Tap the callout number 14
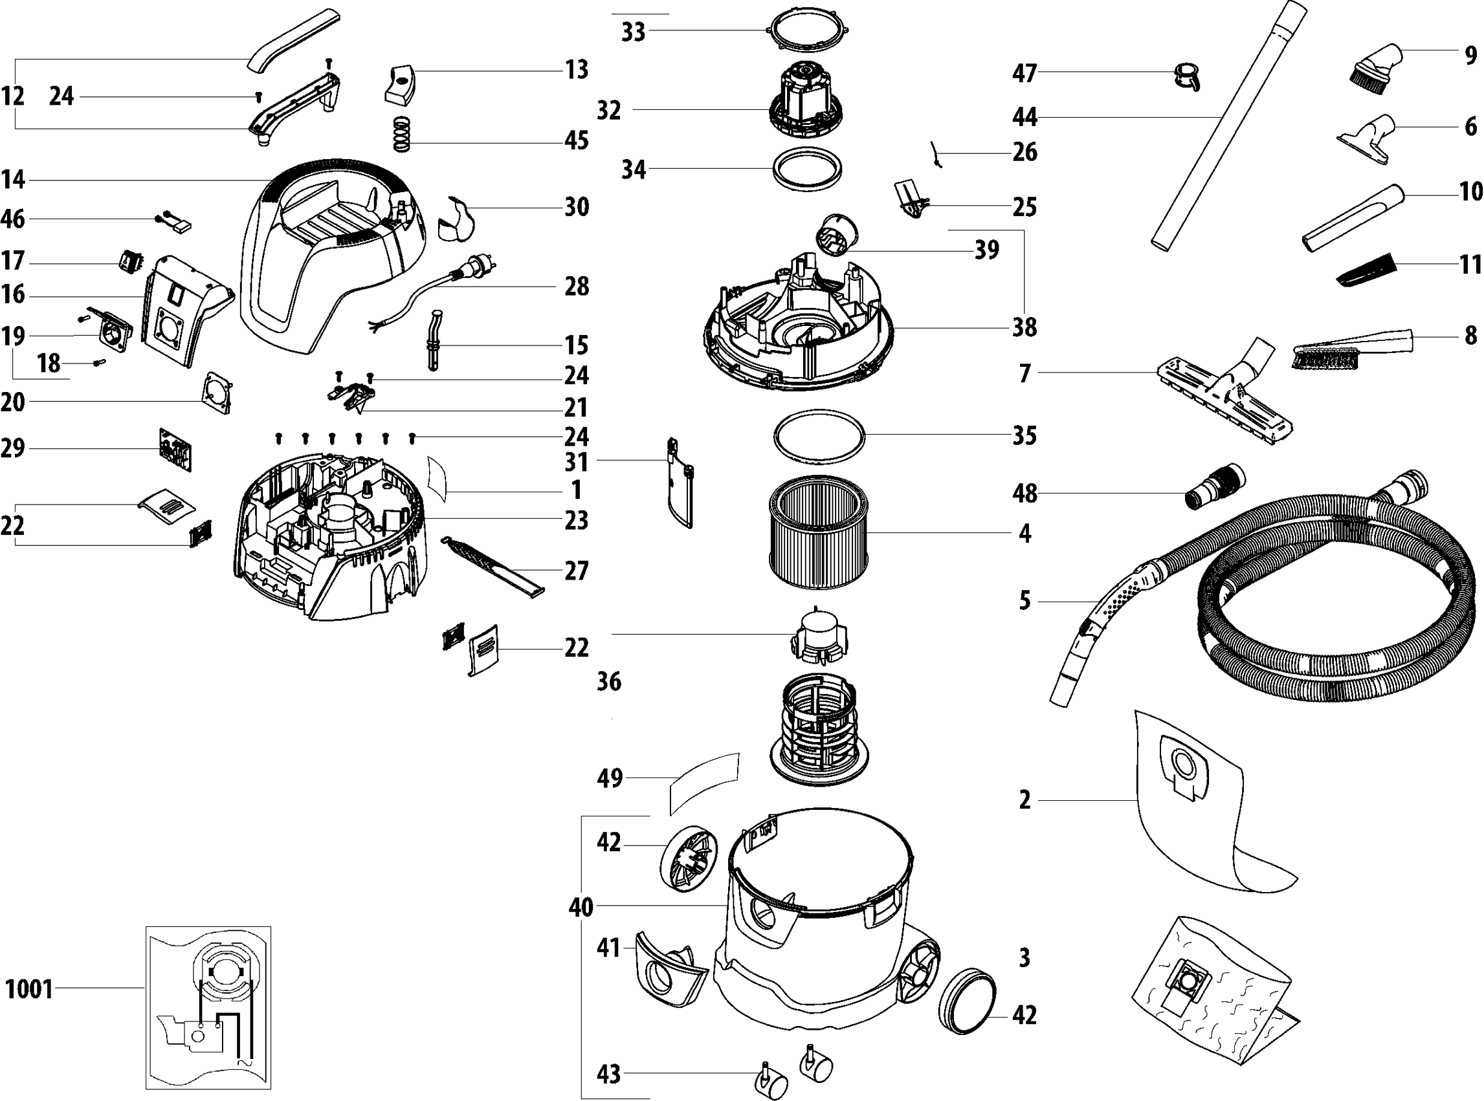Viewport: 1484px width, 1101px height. click(13, 179)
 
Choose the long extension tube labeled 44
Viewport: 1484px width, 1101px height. click(1226, 127)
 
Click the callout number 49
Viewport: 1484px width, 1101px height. click(610, 778)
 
